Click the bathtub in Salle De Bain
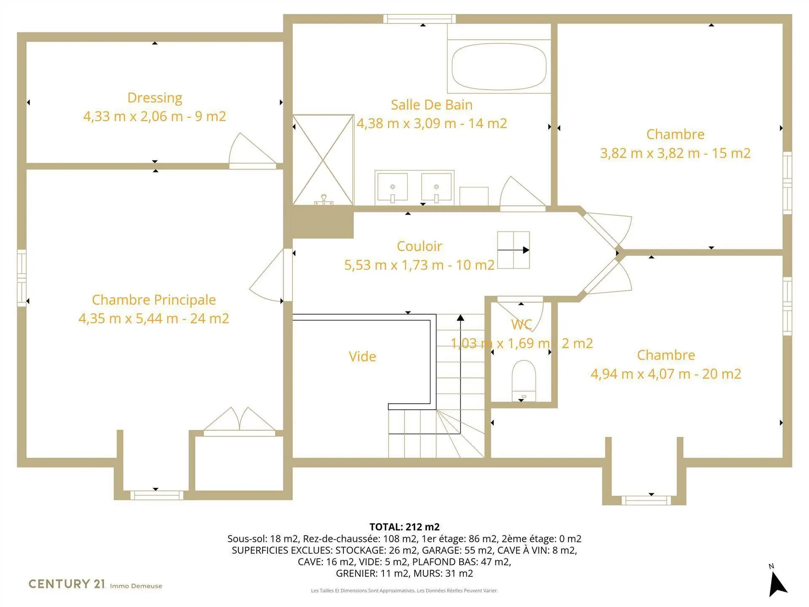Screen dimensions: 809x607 click(499, 67)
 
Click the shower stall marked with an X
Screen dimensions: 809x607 click(323, 160)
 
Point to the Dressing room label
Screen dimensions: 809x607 click(155, 98)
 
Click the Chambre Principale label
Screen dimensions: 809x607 click(154, 300)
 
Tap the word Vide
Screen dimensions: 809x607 click(362, 357)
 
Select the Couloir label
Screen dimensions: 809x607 click(419, 246)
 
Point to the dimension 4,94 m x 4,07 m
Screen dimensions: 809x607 click(640, 374)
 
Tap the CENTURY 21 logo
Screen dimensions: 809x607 click(67, 584)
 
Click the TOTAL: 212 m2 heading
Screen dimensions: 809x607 click(404, 527)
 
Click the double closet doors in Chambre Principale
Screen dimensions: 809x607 click(239, 419)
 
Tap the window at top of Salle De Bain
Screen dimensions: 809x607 click(419, 19)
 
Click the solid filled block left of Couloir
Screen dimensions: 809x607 click(323, 222)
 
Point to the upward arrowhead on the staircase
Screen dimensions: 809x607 click(461, 318)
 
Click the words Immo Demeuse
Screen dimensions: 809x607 click(136, 586)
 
